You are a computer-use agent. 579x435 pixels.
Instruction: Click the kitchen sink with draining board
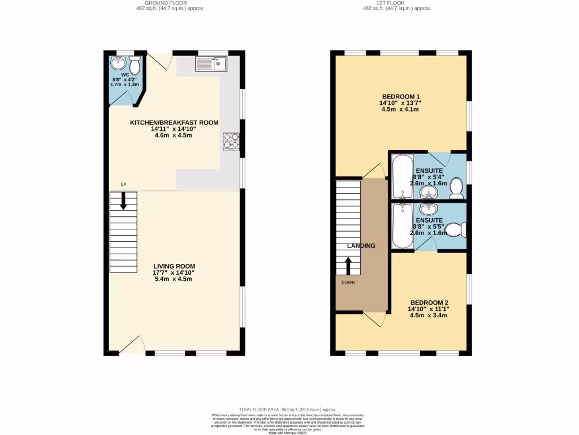coord(211,63)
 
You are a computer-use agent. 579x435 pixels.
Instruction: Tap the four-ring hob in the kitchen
coord(231,140)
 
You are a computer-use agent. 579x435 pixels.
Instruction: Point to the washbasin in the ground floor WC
coord(119,62)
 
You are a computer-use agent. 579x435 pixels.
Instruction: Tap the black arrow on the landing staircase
coord(348,265)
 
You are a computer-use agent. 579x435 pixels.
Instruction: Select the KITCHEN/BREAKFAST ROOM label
coord(174,122)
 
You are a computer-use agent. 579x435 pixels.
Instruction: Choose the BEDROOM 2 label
coord(429,302)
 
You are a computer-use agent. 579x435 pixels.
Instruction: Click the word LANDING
coord(361,246)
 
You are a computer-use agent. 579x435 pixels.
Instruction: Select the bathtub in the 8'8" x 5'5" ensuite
coord(402,226)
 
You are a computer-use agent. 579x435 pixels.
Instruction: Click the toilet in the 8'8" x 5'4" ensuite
coord(457,189)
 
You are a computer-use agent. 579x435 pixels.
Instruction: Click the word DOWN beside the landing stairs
coord(348,282)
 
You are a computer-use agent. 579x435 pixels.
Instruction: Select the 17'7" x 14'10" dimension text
coord(174,272)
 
